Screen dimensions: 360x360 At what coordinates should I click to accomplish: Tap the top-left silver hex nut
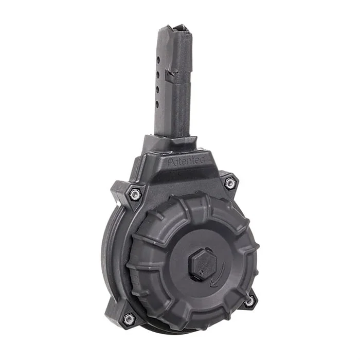pos(136,193)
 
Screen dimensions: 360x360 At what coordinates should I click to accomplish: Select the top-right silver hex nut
pos(230,183)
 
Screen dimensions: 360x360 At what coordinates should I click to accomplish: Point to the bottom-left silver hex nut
pos(129,319)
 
